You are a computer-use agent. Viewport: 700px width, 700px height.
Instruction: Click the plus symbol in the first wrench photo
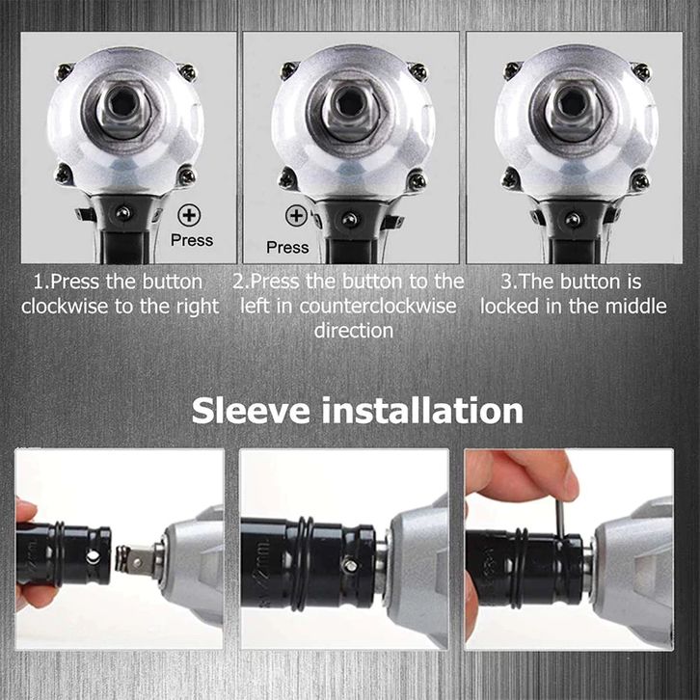[189, 215]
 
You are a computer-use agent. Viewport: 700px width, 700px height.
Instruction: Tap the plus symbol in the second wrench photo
[296, 216]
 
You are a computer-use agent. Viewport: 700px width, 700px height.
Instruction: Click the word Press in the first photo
[192, 240]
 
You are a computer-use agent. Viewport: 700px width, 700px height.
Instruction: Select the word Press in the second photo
[287, 248]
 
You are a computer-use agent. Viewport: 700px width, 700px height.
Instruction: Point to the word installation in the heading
[422, 411]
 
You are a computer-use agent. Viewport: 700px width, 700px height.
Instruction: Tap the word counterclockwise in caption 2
[378, 307]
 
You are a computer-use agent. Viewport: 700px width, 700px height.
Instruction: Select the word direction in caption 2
[354, 331]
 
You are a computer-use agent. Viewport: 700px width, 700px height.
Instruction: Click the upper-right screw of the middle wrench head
[417, 71]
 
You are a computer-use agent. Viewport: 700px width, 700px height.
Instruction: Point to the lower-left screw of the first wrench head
[65, 173]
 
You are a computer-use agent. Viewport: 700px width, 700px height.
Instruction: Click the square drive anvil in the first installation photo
[138, 559]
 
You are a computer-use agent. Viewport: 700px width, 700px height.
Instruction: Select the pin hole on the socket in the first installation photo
[93, 556]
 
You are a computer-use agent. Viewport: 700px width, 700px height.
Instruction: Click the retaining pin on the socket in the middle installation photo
[351, 566]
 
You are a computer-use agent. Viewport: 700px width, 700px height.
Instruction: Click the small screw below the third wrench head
[573, 219]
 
